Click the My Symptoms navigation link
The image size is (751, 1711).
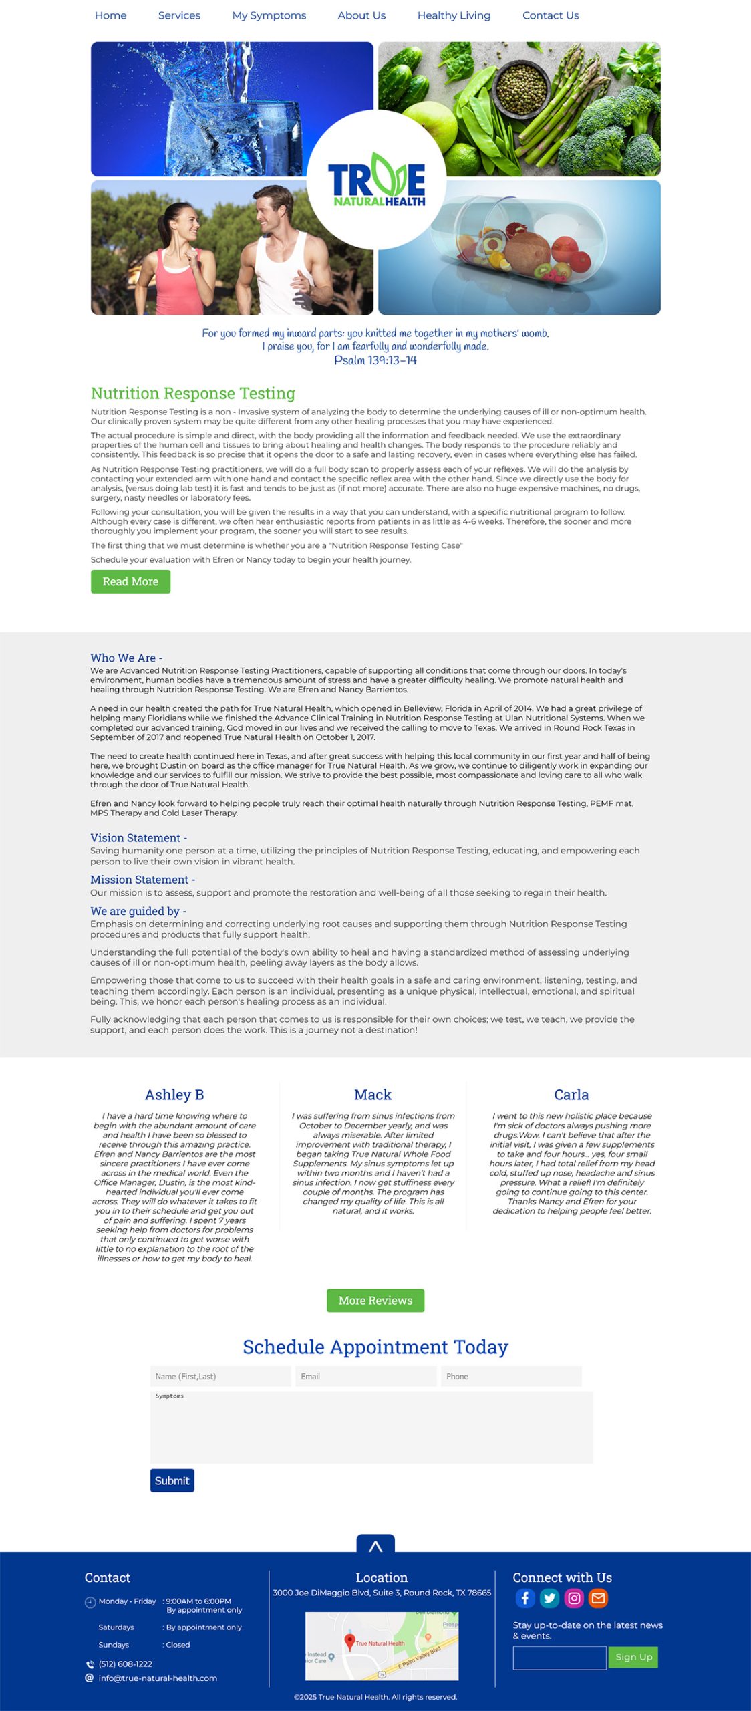(x=269, y=15)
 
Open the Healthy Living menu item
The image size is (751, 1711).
(x=454, y=15)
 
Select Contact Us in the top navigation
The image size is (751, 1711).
(x=550, y=15)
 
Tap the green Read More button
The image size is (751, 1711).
(x=130, y=581)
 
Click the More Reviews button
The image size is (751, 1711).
(x=375, y=1300)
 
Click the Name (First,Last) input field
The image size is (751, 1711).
(x=220, y=1376)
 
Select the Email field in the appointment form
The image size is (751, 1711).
(x=365, y=1376)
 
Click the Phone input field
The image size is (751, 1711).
(x=510, y=1376)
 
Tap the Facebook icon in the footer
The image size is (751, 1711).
(x=525, y=1597)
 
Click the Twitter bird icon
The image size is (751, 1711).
(x=549, y=1597)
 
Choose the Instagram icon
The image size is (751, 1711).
(x=574, y=1597)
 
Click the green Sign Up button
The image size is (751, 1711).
(x=633, y=1656)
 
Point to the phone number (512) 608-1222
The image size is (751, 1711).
(x=125, y=1664)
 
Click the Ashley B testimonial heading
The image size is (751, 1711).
(x=174, y=1095)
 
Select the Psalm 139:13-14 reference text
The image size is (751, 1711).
(x=375, y=360)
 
